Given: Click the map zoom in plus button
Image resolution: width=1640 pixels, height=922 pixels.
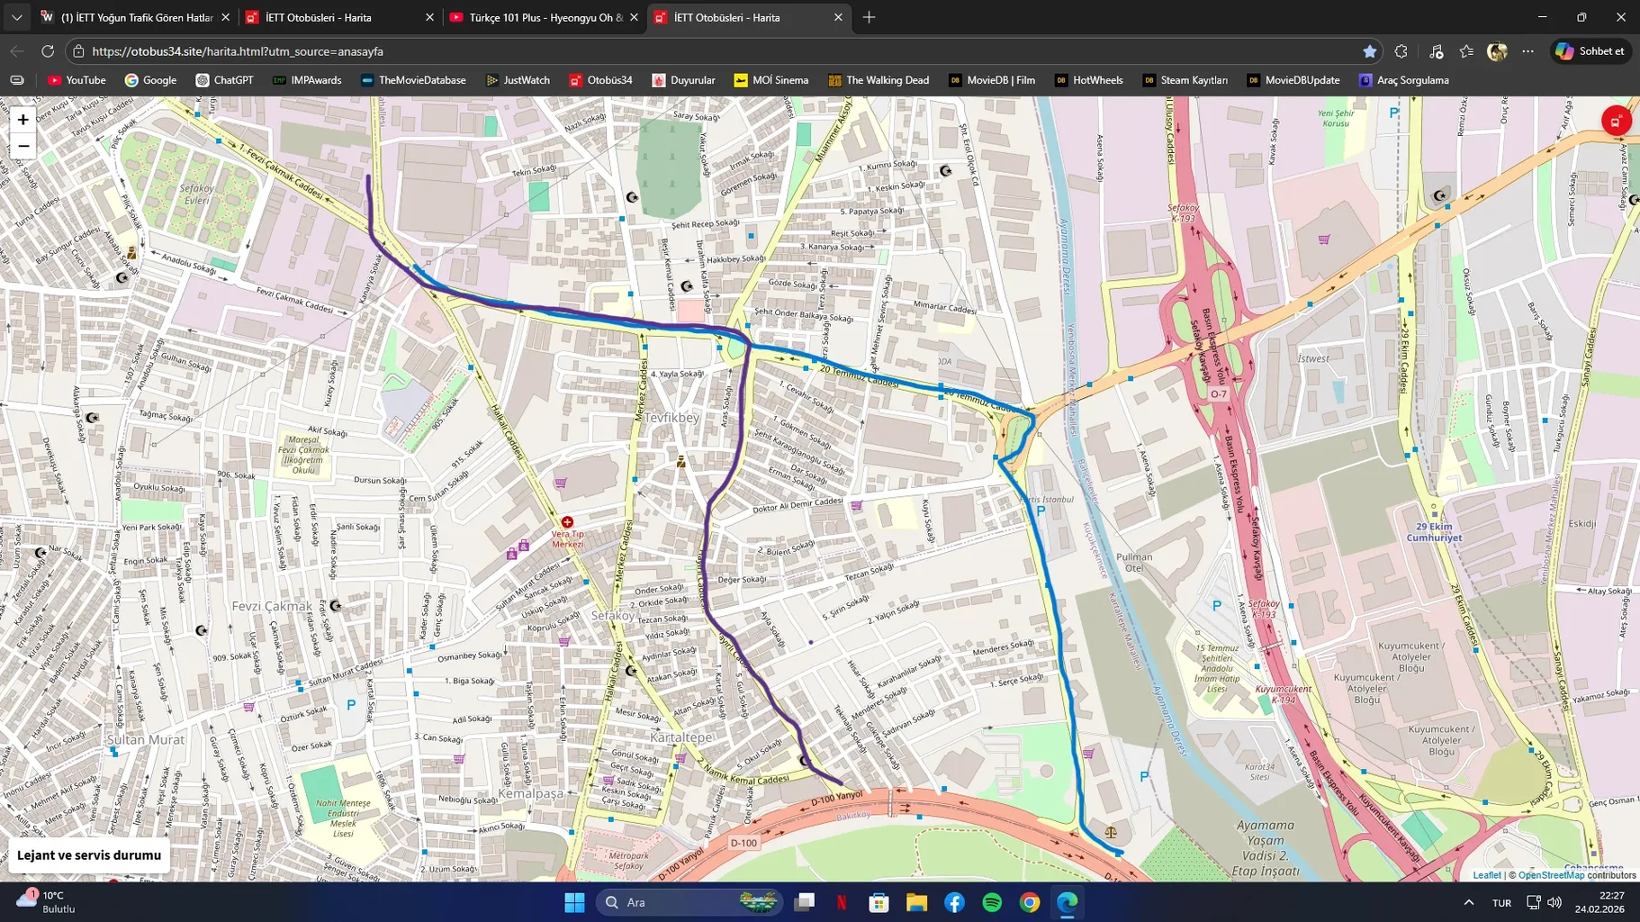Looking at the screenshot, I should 23,120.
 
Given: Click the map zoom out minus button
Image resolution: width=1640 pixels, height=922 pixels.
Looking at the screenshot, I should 23,146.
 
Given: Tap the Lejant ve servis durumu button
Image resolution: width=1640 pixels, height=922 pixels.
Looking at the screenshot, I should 89,855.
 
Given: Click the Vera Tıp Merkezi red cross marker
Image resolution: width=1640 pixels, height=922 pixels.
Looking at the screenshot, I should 567,522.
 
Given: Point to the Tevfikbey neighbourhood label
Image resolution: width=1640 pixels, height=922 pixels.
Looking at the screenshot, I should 671,418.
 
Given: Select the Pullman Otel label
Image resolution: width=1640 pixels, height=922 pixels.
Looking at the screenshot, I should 1133,562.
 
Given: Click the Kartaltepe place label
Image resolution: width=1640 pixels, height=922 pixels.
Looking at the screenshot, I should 680,737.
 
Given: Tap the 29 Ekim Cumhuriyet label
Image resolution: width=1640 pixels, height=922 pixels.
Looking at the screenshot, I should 1434,532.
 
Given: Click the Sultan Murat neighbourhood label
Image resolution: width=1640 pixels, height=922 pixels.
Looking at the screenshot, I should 146,739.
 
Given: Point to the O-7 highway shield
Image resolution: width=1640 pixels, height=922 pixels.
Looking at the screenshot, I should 1218,393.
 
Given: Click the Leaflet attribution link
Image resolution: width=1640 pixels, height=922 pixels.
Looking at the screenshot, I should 1486,875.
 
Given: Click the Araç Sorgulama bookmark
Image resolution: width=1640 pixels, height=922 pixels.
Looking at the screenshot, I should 1403,80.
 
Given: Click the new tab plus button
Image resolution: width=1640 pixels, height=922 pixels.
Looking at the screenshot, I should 869,17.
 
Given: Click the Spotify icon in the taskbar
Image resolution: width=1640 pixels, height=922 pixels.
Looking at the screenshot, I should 992,902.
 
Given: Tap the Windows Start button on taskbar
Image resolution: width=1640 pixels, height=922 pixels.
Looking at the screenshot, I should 574,902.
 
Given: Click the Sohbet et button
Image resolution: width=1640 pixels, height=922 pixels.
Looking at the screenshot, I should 1591,51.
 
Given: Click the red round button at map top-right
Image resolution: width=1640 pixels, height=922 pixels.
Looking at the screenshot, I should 1616,121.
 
